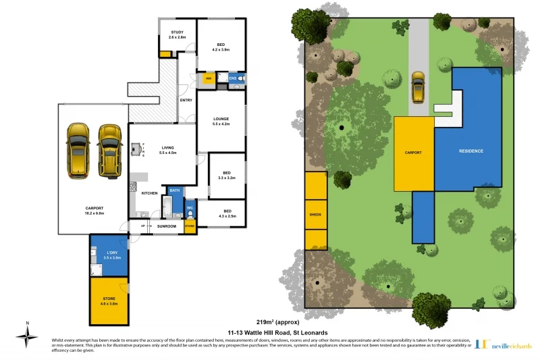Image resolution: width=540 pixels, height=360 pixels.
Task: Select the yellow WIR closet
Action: coord(208,79)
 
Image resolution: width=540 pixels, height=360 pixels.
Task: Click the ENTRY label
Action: coord(186,101)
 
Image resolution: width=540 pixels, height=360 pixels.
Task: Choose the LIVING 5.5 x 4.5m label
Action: coord(167,150)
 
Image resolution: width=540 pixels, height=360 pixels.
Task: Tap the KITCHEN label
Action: coord(149,193)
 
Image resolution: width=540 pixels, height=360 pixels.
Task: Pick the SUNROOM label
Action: coord(166,226)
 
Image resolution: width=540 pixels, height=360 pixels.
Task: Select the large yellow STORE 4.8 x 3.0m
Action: coord(109,301)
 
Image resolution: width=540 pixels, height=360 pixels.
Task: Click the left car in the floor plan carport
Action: coord(79,150)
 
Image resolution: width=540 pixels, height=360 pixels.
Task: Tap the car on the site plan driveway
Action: coord(418,88)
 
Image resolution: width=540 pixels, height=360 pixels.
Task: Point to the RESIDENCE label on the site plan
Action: coord(470,151)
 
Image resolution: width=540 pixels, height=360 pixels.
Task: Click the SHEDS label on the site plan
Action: coord(315,215)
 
